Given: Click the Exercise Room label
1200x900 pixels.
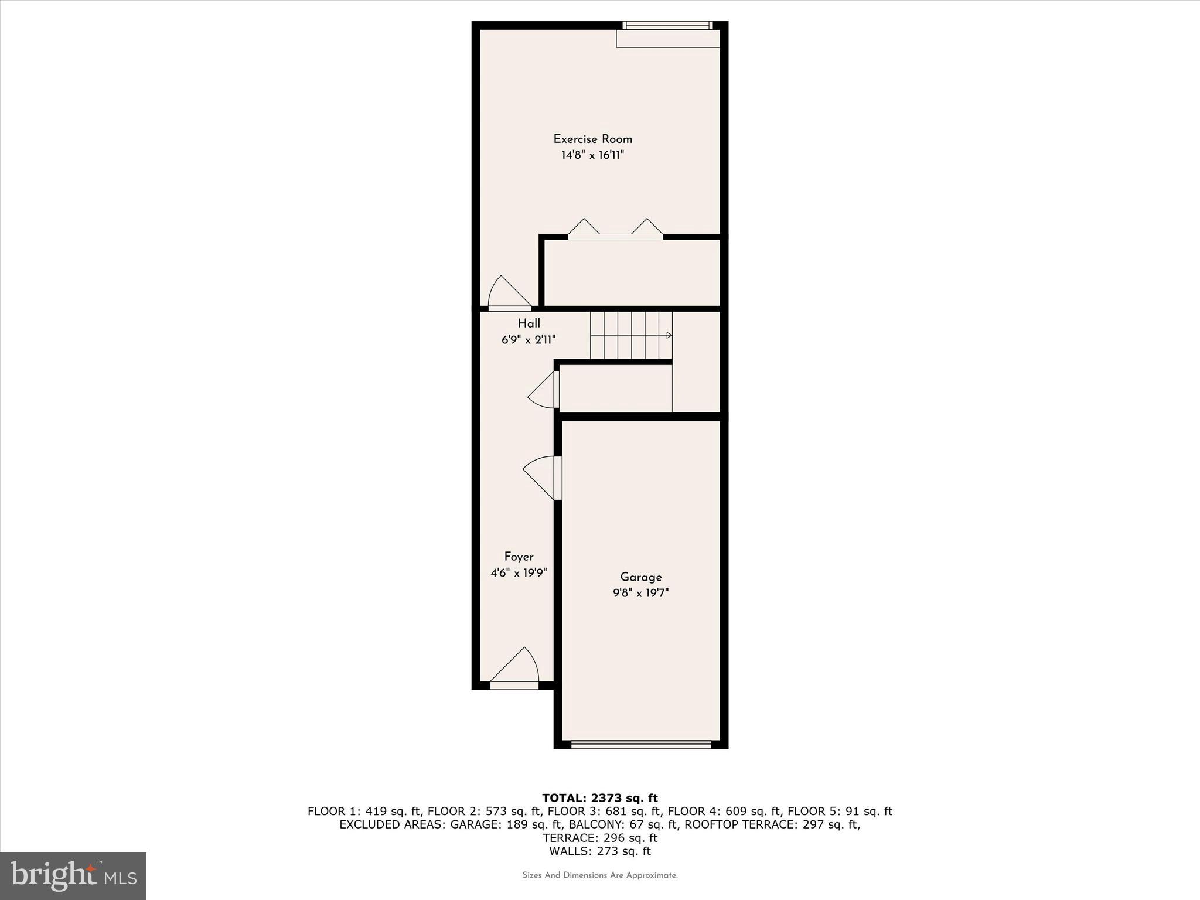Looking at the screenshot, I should coord(592,139).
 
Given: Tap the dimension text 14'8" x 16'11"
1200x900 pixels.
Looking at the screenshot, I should coord(592,155).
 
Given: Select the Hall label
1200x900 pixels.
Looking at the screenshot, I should coord(529,323).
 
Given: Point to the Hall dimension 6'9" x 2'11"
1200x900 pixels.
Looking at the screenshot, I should coord(529,339).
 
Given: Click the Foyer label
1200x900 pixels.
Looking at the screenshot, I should coord(519,557).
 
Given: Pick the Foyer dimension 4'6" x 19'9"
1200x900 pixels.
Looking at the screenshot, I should coord(519,572).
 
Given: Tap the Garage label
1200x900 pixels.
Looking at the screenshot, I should coord(640,577).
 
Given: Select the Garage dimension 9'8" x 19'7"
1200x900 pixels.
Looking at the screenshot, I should coord(640,593).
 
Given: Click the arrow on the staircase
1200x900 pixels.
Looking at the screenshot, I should coord(668,336).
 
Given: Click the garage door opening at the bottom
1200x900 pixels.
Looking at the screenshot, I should coord(640,745).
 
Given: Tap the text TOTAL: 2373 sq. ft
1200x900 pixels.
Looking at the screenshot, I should coord(599,798).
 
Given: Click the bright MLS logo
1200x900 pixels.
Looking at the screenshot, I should coord(73,876).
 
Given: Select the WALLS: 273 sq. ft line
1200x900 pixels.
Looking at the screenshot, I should coord(599,851).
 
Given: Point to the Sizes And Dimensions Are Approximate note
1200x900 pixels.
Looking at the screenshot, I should coord(599,875).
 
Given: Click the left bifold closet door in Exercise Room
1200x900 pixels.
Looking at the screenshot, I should coord(584,229).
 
